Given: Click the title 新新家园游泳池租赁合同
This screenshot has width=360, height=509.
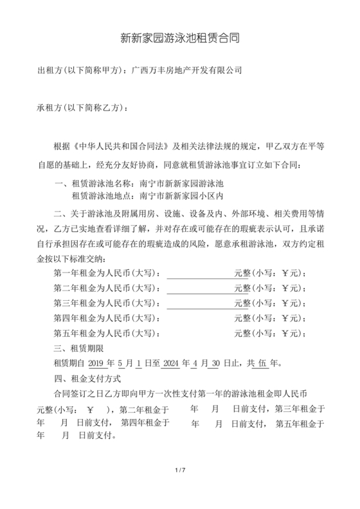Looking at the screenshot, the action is pos(180,38).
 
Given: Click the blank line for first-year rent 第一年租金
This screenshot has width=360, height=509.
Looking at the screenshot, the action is pos(200,273).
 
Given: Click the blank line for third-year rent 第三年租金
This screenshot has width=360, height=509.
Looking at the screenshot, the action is pos(200,303).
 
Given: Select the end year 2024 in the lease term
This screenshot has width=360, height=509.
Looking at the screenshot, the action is pos(171,363).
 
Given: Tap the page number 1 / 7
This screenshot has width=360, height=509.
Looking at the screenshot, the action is pos(180,471).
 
